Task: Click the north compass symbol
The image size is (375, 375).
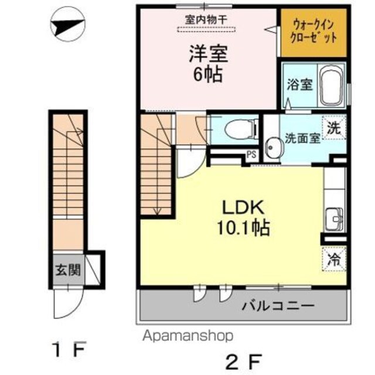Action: [68, 24]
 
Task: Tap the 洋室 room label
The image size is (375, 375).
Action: [209, 54]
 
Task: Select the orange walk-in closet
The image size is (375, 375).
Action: [313, 33]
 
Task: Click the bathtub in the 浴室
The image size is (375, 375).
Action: [332, 85]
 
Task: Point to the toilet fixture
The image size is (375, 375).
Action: [241, 129]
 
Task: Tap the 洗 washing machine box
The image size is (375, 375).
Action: [334, 127]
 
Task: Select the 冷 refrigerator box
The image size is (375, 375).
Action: [334, 259]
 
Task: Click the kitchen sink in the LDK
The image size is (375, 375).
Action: [335, 219]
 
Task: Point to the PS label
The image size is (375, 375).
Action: [251, 154]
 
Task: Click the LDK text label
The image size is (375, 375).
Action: [243, 207]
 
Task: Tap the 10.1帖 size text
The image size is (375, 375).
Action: [243, 227]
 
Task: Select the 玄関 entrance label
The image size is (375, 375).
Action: [68, 270]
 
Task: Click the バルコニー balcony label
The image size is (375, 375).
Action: [278, 305]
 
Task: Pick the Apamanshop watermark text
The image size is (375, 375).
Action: [187, 336]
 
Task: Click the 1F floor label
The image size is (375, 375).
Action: [69, 349]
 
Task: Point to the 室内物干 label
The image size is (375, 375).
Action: [206, 19]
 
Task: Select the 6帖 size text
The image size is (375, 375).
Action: [208, 74]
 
